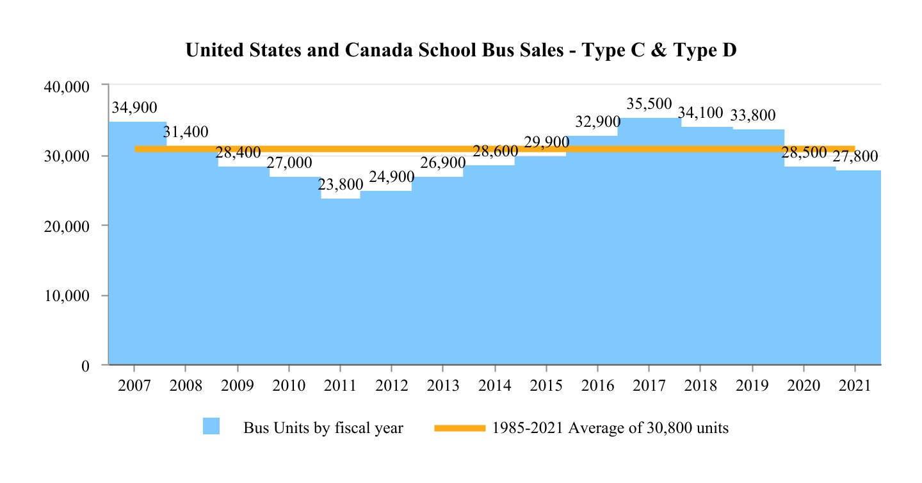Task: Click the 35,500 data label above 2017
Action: [649, 104]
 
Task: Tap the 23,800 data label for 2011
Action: [339, 185]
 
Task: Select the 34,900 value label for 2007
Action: [134, 108]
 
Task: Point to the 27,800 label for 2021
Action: [855, 157]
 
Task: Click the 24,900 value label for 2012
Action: [391, 177]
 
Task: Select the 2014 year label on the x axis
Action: [494, 386]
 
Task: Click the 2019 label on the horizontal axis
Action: [752, 386]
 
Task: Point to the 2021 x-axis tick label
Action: [855, 386]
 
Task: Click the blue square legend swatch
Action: [211, 427]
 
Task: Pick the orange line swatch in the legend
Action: [460, 428]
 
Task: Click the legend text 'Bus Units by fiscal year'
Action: [323, 428]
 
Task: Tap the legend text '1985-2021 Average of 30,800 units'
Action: [610, 428]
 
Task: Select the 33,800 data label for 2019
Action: [752, 115]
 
